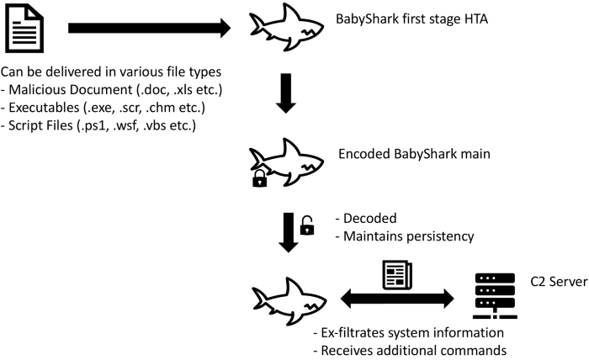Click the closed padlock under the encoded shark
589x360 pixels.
pyautogui.click(x=259, y=178)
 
